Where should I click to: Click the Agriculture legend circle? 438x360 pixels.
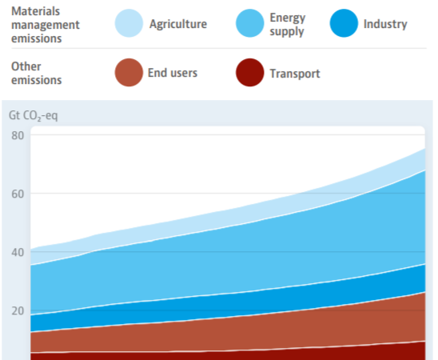click(x=129, y=23)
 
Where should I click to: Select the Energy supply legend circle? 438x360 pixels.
click(x=249, y=23)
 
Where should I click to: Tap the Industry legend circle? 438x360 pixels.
click(x=344, y=23)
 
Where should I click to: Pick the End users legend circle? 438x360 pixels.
click(x=129, y=72)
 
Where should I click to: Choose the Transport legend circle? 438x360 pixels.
click(x=249, y=72)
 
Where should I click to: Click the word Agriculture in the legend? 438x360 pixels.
click(x=178, y=24)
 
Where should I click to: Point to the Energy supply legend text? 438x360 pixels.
click(x=288, y=25)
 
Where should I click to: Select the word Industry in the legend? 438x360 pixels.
click(x=385, y=24)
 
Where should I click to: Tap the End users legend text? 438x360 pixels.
click(x=173, y=73)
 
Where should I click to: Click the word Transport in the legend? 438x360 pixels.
click(x=295, y=74)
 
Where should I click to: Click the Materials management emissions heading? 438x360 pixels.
click(x=46, y=25)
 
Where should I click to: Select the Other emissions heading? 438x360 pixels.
click(x=36, y=74)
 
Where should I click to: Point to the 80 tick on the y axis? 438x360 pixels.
click(x=18, y=135)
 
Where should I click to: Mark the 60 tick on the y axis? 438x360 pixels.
click(x=18, y=194)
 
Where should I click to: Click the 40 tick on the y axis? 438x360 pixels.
click(x=18, y=252)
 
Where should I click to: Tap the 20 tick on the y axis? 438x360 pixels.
click(x=18, y=311)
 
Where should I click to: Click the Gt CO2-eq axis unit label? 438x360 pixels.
click(x=34, y=115)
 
